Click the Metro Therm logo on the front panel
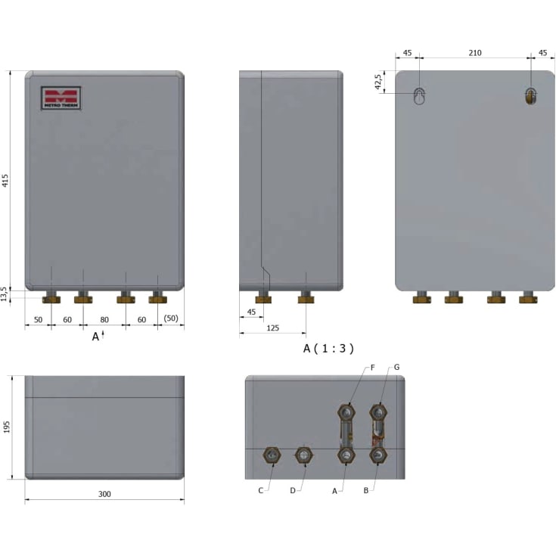pyautogui.click(x=61, y=98)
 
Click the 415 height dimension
pyautogui.click(x=5, y=180)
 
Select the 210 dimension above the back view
pyautogui.click(x=475, y=54)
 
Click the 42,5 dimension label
pyautogui.click(x=379, y=82)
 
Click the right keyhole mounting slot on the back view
pyautogui.click(x=530, y=96)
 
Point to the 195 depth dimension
pyautogui.click(x=7, y=427)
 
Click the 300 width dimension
pyautogui.click(x=104, y=494)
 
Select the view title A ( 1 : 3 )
pyautogui.click(x=328, y=348)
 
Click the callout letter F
pyautogui.click(x=372, y=367)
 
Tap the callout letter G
pyautogui.click(x=396, y=367)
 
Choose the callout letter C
pyautogui.click(x=260, y=490)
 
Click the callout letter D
pyautogui.click(x=292, y=490)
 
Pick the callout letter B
pyautogui.click(x=365, y=490)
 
